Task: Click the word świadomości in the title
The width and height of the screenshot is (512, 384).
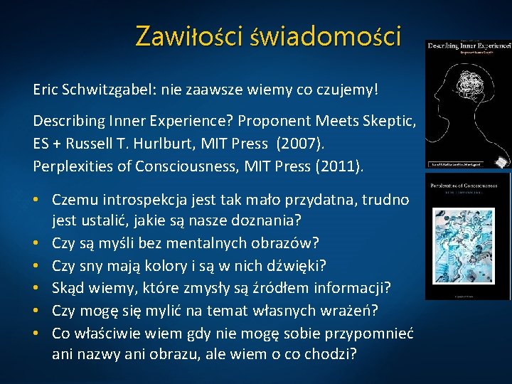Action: (x=325, y=36)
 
